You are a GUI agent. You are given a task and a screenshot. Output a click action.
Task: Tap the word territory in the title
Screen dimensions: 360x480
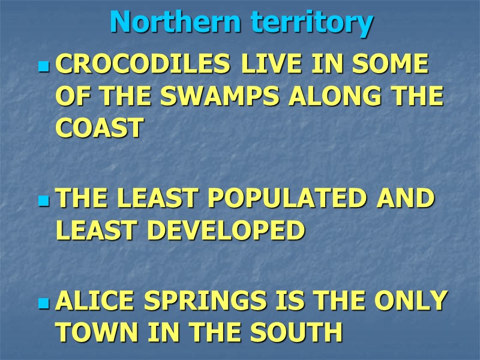coord(312,23)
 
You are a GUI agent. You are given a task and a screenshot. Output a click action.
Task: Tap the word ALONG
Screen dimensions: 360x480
coord(337,97)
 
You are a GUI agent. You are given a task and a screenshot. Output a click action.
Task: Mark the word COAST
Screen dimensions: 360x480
coord(100,128)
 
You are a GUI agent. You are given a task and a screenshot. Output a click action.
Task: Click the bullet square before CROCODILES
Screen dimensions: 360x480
coord(43,67)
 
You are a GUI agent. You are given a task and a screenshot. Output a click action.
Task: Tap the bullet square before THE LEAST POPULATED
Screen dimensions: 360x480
coord(43,200)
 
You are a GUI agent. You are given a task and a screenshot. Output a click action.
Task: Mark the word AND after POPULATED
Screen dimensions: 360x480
coord(406,199)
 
